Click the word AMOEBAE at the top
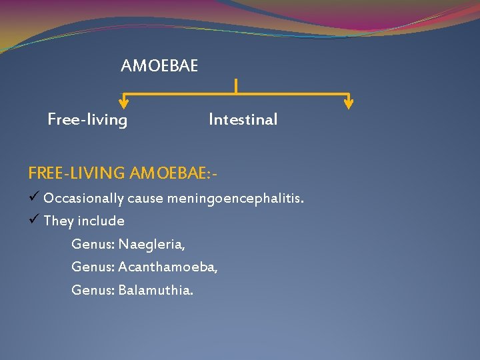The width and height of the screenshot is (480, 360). point(159,66)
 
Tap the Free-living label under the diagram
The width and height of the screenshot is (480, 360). point(87,120)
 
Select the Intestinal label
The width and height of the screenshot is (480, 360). point(243,120)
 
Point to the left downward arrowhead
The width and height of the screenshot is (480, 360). point(124,103)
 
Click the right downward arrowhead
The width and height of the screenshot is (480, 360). point(349,103)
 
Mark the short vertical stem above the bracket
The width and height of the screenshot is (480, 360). point(236,85)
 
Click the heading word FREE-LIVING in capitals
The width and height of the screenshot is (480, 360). point(77,173)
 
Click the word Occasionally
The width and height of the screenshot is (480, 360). point(83,199)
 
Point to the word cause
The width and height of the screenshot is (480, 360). point(145,199)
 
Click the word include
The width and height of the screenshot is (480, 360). point(101,221)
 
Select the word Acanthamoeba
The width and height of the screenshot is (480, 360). point(167,267)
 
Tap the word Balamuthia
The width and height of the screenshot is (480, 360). point(155,291)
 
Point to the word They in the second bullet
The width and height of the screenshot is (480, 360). point(58,221)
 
